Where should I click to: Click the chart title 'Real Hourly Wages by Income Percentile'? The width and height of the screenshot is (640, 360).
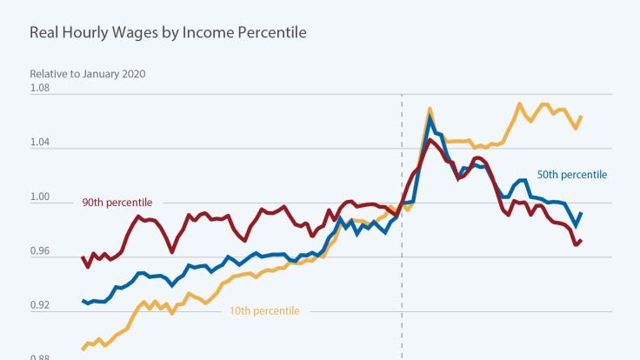click(x=167, y=34)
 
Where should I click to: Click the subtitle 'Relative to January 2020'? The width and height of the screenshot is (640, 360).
click(x=88, y=73)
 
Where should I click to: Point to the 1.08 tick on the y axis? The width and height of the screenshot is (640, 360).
click(x=41, y=88)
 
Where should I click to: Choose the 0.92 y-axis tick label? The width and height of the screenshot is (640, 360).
click(x=41, y=306)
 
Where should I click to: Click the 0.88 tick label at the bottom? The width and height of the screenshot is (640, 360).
click(x=41, y=357)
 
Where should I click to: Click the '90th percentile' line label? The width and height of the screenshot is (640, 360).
click(x=117, y=203)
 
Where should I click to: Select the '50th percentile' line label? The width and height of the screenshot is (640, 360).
click(x=571, y=175)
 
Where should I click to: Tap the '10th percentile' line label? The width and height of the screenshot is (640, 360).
click(x=264, y=310)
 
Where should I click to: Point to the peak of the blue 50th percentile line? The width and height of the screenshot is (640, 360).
click(x=430, y=115)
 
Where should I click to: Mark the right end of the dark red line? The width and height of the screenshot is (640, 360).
click(x=581, y=241)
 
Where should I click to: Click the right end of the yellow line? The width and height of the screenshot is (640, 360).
click(x=581, y=117)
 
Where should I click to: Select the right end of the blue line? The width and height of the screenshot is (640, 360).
click(x=581, y=213)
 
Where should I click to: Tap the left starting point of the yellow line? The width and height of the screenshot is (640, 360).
click(x=82, y=350)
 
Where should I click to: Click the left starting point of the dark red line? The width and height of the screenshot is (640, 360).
click(x=82, y=257)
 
